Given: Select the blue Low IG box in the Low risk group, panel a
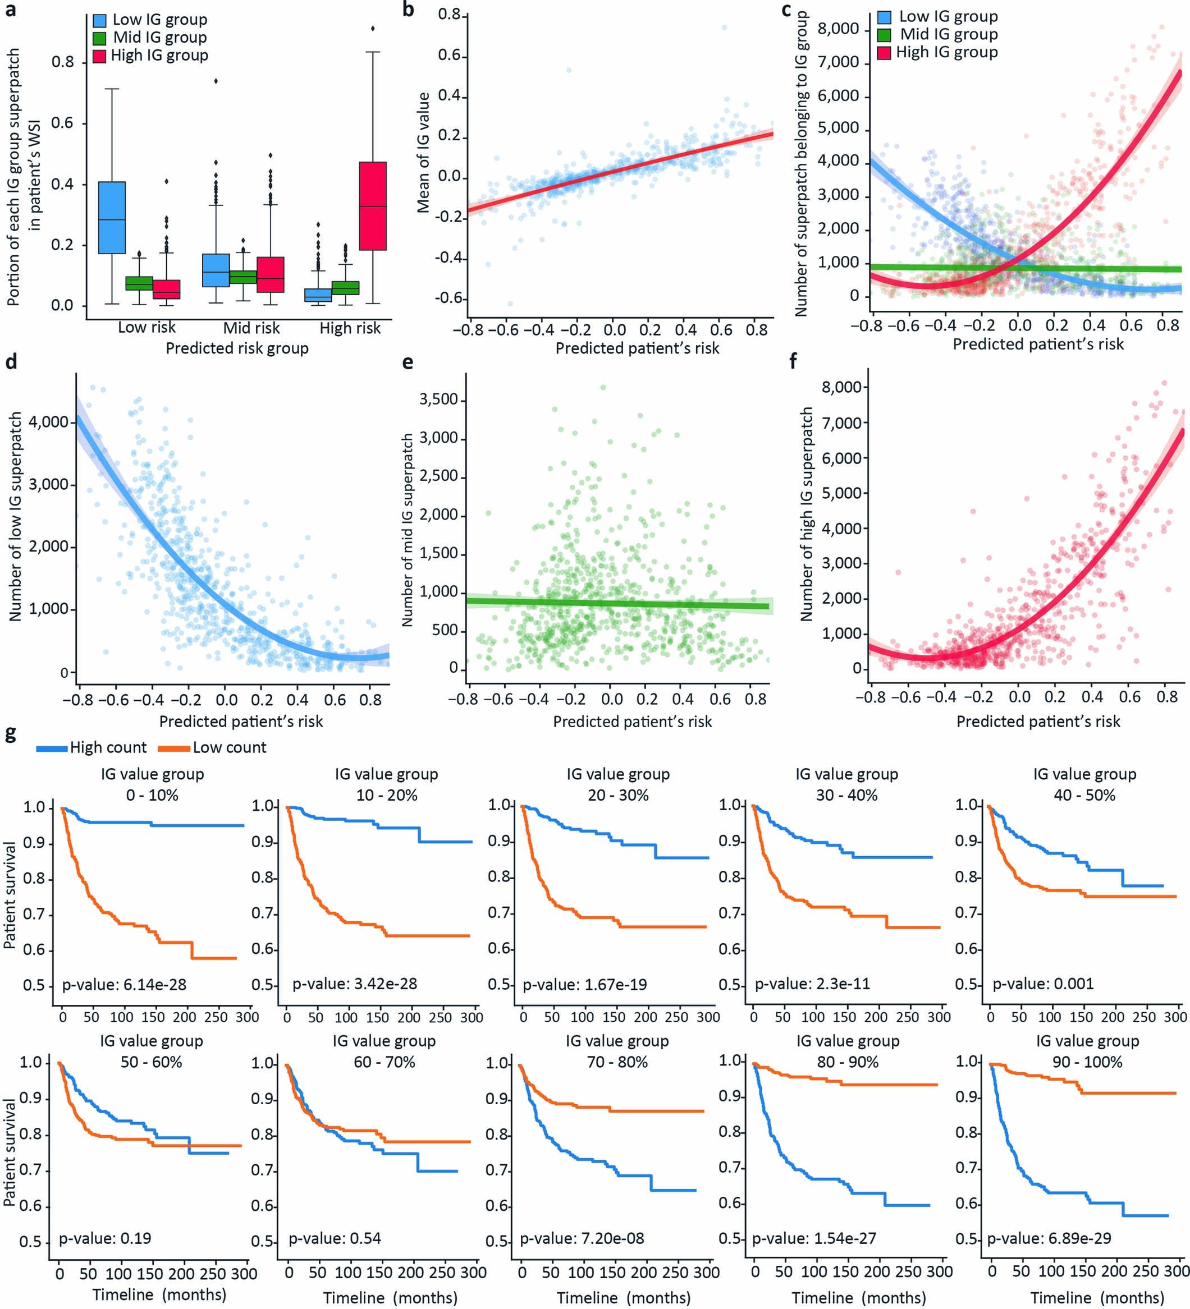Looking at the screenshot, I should coord(112,217).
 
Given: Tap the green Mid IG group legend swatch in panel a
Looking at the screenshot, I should coord(99,38).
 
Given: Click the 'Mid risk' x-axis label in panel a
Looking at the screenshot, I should coord(251,327).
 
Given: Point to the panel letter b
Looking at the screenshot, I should coord(408,10).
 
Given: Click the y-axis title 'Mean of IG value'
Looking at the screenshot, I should coord(423,153).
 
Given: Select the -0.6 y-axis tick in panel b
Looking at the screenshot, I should coord(447,298).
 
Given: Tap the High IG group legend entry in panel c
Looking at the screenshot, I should coord(946,53).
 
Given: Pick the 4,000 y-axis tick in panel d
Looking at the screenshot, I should coord(49,422).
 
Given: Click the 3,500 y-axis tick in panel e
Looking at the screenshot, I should coord(438,399).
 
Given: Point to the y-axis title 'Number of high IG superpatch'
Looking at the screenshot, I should coord(807,515).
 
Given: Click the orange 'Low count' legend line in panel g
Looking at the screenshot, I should coord(174,748).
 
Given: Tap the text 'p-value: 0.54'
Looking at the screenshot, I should coord(335,1238).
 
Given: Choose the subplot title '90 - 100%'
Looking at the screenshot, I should coord(1087,1062).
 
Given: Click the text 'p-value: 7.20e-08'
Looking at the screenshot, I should coord(582,1238).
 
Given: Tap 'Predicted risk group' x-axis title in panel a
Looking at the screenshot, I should coord(236,348).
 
